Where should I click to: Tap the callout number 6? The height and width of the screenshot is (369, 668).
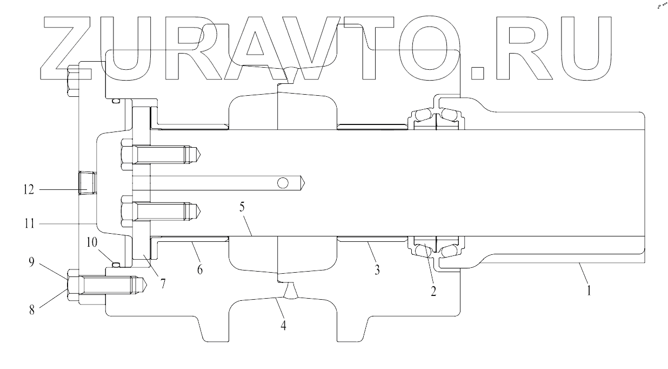pos(200,269)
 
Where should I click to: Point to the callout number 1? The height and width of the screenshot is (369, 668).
pos(590,291)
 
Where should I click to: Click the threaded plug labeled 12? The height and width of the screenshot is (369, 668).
pos(86,183)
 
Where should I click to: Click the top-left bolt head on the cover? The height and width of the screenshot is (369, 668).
pos(73,80)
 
